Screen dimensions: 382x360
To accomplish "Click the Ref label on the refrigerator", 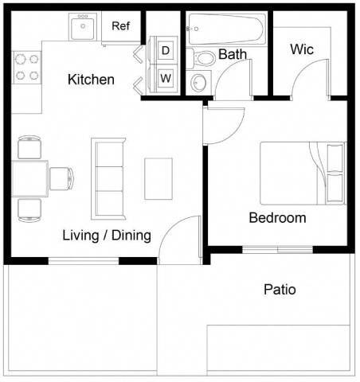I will point(120,26).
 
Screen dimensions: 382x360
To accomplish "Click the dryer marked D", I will point(166,51).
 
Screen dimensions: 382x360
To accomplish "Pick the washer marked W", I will point(166,78).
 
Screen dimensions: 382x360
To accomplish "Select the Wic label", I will point(302,49).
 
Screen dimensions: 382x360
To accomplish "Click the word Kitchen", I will point(91,80).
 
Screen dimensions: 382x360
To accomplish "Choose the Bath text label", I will point(233,55).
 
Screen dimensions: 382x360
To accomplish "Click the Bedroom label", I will point(276,218).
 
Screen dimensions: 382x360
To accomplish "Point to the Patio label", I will point(279,290).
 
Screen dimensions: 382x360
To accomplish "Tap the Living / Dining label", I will point(108,236).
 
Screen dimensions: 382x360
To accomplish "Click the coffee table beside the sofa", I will point(158,177).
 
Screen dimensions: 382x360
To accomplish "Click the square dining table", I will point(29,178).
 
